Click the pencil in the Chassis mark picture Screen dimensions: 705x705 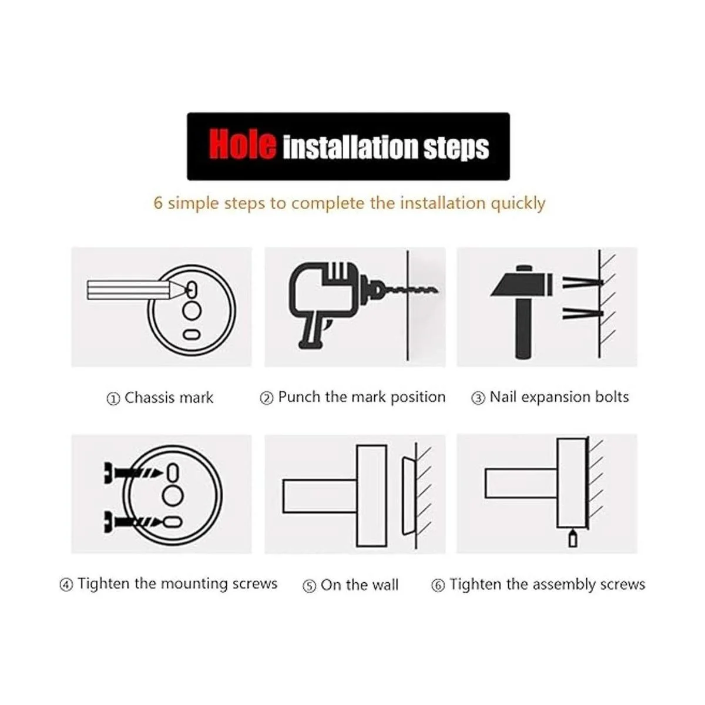click(x=139, y=290)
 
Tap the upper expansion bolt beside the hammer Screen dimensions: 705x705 click(x=582, y=283)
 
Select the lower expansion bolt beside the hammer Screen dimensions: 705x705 click(x=582, y=314)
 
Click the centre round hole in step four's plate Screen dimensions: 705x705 click(x=173, y=496)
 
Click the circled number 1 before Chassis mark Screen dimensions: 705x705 click(x=113, y=398)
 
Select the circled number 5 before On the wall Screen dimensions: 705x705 click(x=309, y=586)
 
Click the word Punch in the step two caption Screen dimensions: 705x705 click(x=299, y=397)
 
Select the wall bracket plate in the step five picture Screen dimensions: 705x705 click(x=408, y=496)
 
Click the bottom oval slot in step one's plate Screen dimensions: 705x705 click(x=192, y=334)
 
